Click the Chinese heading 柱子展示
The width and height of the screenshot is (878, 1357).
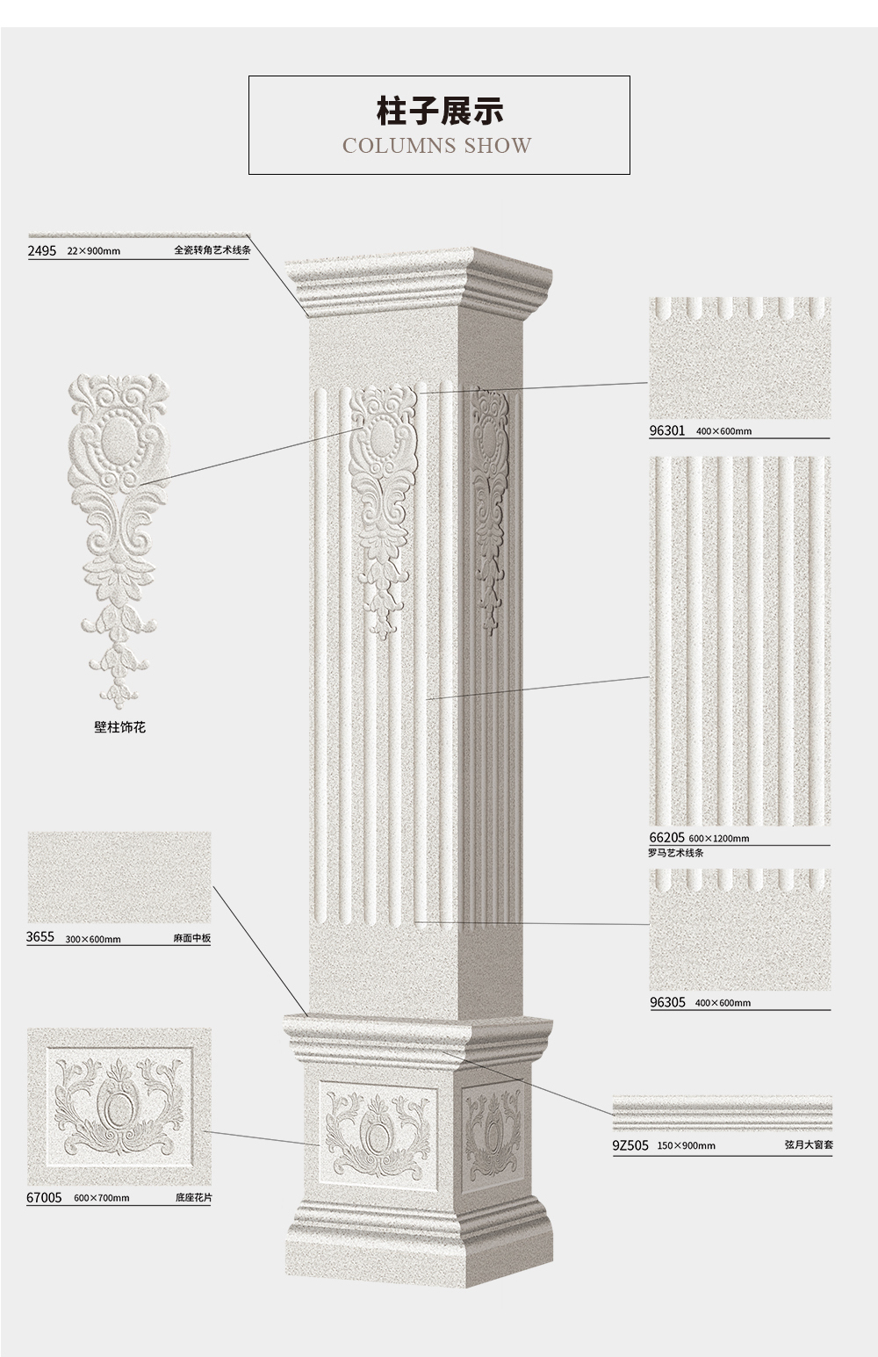tap(439, 111)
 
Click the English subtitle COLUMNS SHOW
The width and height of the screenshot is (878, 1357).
tap(437, 146)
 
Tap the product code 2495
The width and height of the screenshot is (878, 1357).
tap(42, 251)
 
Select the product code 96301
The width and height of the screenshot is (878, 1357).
tap(666, 430)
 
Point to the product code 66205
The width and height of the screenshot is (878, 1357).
tap(666, 838)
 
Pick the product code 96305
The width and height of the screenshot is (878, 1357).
tap(667, 1003)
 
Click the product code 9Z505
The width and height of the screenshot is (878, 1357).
tap(630, 1145)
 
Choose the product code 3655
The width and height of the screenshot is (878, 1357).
tap(40, 937)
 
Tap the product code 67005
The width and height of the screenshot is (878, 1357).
tap(44, 1198)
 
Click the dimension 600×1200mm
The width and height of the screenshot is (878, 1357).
tap(719, 839)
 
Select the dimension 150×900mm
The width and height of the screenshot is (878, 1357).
tap(686, 1146)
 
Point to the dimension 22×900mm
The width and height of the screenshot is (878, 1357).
tap(93, 251)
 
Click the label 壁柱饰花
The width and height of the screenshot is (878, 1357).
tap(120, 727)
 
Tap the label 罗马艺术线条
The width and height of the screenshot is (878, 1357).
tap(676, 852)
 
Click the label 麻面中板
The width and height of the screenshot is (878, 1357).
tap(192, 938)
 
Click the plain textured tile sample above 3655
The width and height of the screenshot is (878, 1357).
tap(119, 877)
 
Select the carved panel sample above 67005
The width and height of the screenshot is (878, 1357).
tap(119, 1106)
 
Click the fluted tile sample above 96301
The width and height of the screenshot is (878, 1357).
tap(740, 357)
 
